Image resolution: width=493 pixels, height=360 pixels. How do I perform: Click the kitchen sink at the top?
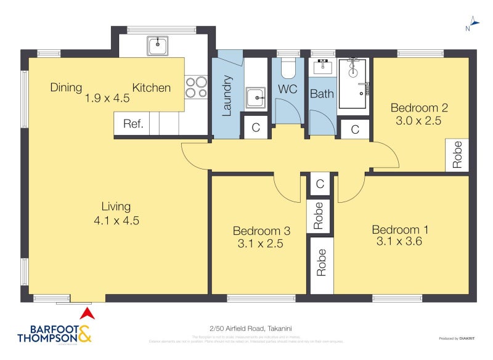point(158,45)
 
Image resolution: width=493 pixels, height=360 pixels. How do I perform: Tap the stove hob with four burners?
point(196,86)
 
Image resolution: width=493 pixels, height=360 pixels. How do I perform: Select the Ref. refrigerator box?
point(133,123)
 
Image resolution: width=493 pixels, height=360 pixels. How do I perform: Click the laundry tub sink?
point(255,97)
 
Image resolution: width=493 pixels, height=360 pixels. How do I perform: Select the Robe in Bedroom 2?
point(457,155)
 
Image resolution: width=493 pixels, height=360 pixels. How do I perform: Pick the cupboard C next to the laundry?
point(255,128)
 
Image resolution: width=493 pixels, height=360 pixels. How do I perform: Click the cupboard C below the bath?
point(355,129)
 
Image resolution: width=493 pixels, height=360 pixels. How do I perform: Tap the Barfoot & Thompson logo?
point(54,333)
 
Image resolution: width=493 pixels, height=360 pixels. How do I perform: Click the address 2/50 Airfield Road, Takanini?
point(246,329)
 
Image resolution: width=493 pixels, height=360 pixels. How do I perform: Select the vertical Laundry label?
point(226,96)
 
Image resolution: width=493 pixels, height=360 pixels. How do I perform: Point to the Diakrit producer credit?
point(457,338)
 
